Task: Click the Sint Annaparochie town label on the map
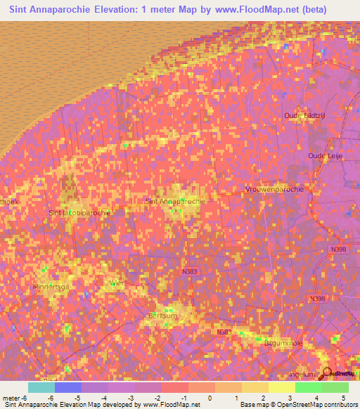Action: (174, 201)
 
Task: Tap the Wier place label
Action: (117, 283)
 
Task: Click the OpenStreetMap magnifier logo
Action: (327, 374)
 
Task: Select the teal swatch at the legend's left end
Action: (41, 387)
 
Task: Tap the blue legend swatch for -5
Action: (68, 387)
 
